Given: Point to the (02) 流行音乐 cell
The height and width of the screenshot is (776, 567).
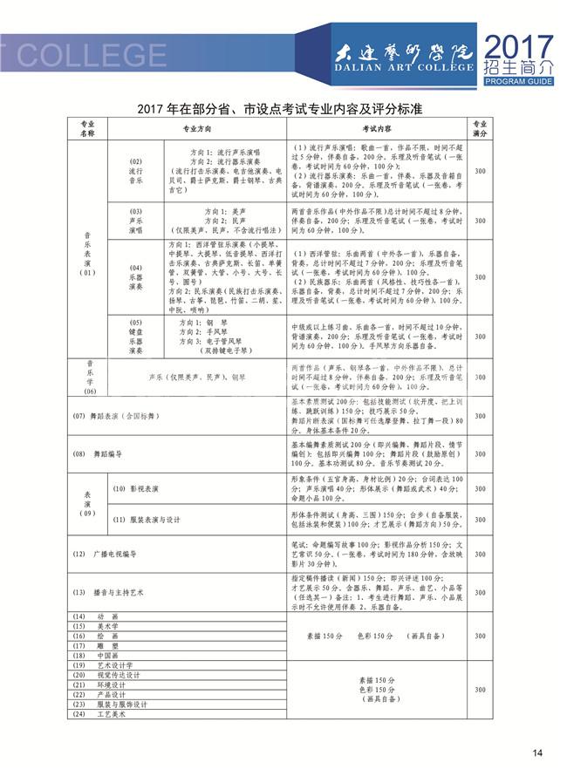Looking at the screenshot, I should pos(134,171).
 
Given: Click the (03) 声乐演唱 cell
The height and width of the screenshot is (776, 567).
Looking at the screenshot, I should pos(134,221).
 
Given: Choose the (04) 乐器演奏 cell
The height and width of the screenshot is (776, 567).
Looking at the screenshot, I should pos(134,276).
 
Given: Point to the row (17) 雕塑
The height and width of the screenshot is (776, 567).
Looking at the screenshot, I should pos(95,646).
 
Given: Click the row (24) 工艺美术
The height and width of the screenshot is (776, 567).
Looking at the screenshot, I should pos(99,714).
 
